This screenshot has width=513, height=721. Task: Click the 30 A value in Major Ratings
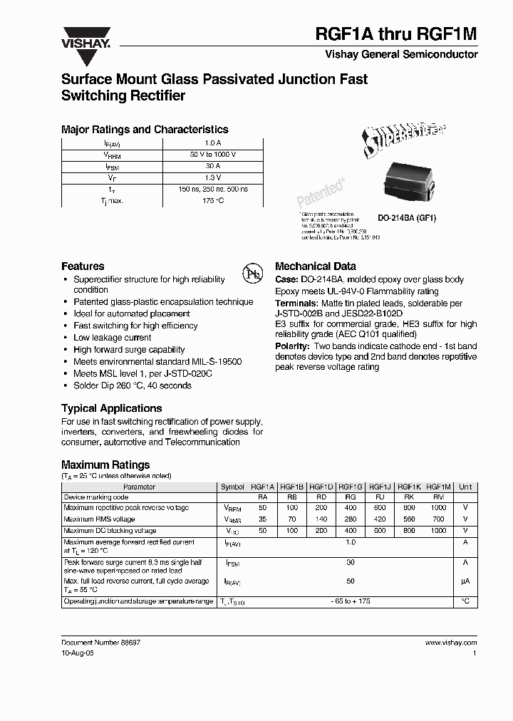coord(208,166)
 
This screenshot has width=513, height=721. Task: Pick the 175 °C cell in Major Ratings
coord(208,201)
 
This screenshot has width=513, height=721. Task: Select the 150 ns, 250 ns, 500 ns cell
coord(208,190)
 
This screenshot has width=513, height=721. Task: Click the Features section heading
coord(83,266)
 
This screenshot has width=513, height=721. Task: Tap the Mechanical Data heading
coord(315,266)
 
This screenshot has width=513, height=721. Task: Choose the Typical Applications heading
coord(111,408)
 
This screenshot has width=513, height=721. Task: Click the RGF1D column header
coord(321,487)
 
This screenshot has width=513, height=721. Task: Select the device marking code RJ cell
coord(380,497)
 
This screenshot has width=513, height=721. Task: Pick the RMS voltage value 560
coord(409,519)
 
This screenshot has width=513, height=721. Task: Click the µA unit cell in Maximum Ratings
coord(465,581)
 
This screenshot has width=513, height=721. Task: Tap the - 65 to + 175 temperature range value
coord(349,602)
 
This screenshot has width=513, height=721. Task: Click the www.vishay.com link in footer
coord(450,642)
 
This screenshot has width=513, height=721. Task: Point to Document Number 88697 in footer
coord(100,642)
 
